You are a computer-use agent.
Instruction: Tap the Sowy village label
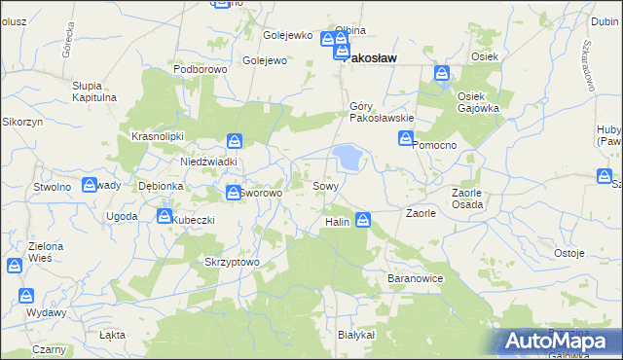tap(325, 185)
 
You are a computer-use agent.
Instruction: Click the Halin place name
tap(337, 223)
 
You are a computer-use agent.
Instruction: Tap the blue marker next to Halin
tap(363, 221)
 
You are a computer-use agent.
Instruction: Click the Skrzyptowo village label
tap(232, 263)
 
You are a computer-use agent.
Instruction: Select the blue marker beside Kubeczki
tap(165, 216)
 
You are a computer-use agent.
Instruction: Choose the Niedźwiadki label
tap(208, 162)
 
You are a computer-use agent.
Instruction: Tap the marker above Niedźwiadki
tap(234, 142)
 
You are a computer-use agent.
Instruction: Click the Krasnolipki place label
tap(158, 137)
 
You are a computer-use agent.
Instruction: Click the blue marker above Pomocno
tap(405, 140)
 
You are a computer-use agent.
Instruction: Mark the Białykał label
tap(356, 334)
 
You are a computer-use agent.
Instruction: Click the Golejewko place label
tap(288, 36)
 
